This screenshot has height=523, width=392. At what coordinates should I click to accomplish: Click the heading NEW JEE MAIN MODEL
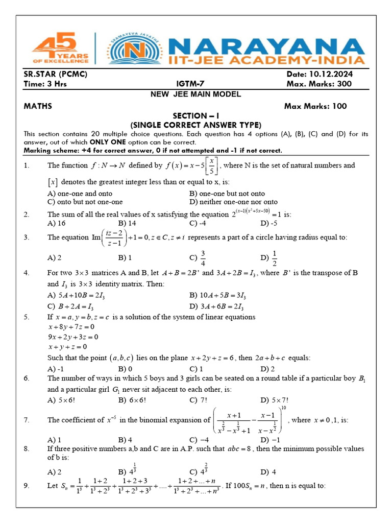coord(196,94)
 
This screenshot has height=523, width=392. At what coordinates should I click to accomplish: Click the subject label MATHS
coord(38,106)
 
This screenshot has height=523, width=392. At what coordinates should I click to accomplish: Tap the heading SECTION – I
coord(196,116)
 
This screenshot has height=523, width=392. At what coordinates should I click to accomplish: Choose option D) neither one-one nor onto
coord(233,202)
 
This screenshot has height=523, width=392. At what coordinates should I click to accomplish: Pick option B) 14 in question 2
coord(127,223)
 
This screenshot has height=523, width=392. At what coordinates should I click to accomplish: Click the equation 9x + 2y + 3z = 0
coord(73,337)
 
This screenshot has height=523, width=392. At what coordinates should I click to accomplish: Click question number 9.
coord(27,486)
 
